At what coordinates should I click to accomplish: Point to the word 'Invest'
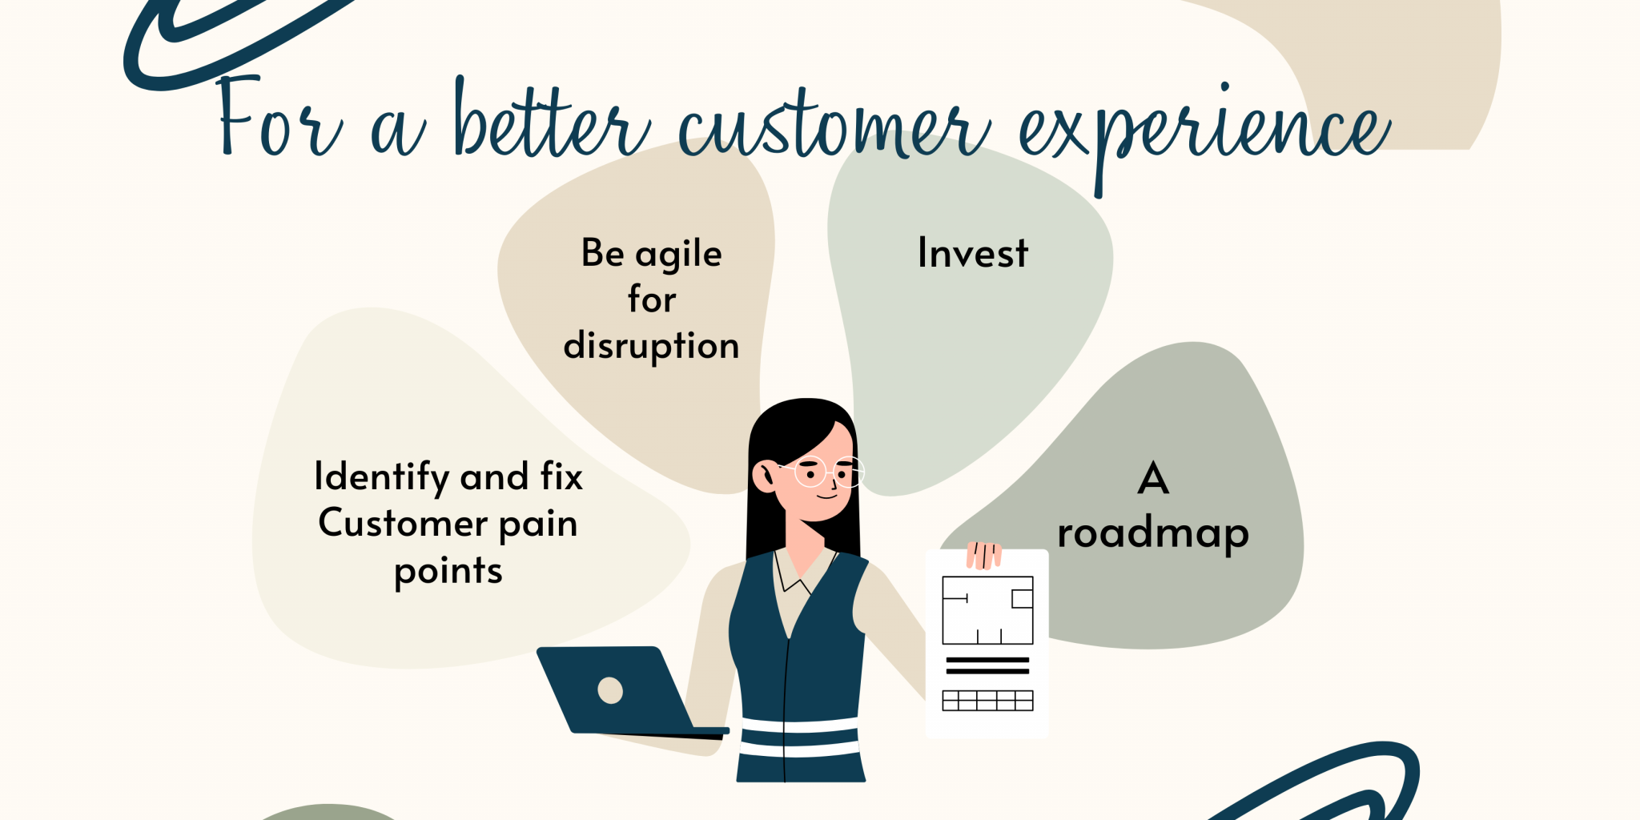(x=972, y=253)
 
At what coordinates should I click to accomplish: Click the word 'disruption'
(x=651, y=346)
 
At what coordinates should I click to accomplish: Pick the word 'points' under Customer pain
(x=448, y=572)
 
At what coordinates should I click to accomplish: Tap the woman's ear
(x=765, y=476)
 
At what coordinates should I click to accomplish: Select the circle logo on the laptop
(x=610, y=690)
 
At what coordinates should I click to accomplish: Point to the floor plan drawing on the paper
(x=987, y=610)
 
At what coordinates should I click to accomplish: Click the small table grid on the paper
(x=987, y=701)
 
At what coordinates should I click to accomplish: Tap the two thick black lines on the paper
(x=987, y=665)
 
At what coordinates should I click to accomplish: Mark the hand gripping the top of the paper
(x=984, y=555)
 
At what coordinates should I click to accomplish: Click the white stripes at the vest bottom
(x=799, y=738)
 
